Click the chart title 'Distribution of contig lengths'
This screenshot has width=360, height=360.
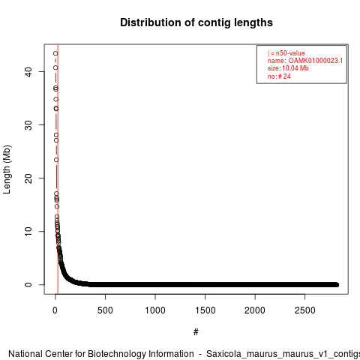click(x=196, y=22)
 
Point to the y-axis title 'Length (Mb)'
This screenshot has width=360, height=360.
click(x=7, y=169)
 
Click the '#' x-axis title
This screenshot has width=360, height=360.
click(x=196, y=332)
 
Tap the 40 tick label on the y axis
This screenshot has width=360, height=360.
click(x=28, y=71)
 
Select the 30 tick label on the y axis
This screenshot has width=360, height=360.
click(x=28, y=125)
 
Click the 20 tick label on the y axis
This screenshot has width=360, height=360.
click(x=28, y=178)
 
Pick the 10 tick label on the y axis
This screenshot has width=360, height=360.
click(x=28, y=231)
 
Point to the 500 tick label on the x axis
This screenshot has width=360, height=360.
click(x=105, y=310)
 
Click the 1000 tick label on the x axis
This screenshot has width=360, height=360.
click(x=155, y=310)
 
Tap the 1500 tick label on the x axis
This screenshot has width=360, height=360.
click(x=205, y=310)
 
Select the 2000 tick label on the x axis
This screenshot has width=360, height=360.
click(x=255, y=310)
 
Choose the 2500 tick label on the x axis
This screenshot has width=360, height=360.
click(x=305, y=310)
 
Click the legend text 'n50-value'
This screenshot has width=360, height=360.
click(x=290, y=53)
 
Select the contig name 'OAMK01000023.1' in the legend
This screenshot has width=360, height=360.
click(x=316, y=61)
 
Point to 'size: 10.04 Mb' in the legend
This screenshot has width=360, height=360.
click(x=288, y=68)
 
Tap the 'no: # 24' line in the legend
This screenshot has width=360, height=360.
click(x=279, y=76)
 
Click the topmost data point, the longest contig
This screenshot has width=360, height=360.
click(x=55, y=53)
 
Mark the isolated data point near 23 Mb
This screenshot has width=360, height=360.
click(x=56, y=160)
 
